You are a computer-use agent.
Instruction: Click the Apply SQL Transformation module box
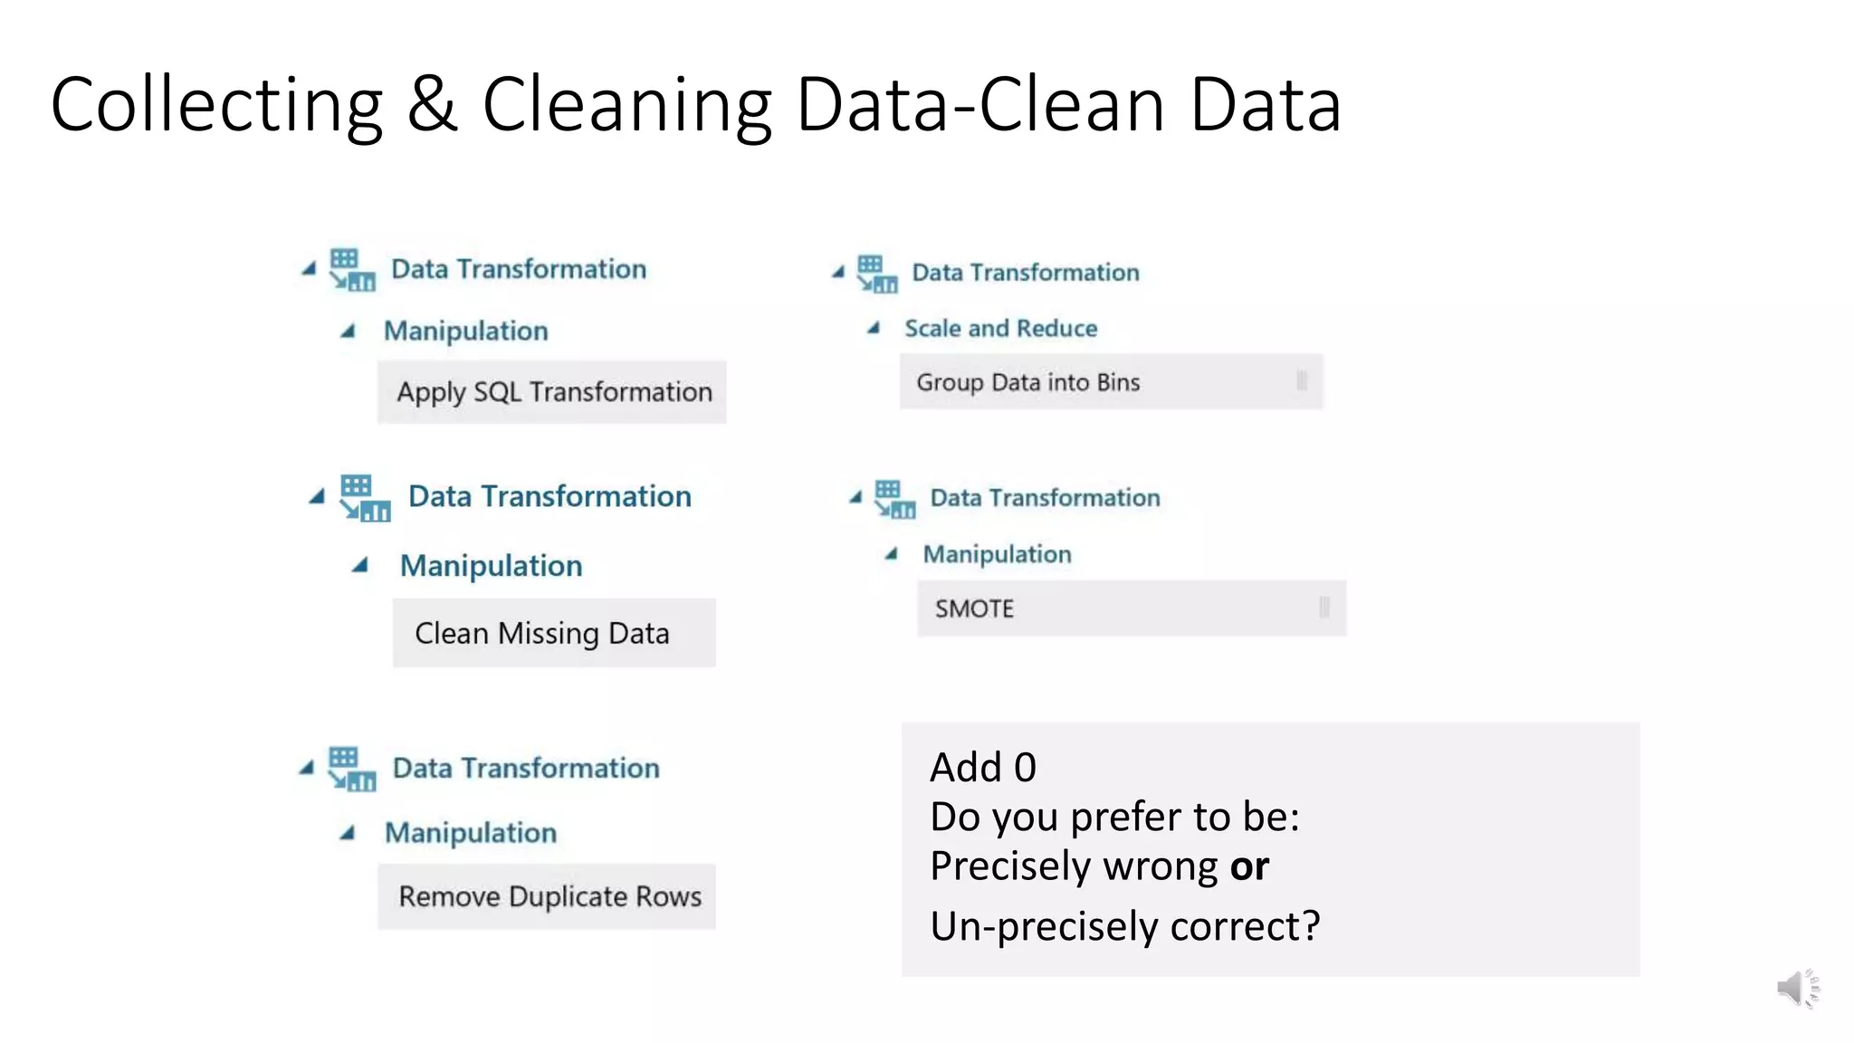pos(552,392)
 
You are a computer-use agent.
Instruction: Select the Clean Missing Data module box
pos(553,633)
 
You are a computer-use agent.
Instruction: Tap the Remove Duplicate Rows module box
pos(547,896)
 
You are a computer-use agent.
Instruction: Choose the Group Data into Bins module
pos(1110,382)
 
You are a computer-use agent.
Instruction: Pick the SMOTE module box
pos(1130,608)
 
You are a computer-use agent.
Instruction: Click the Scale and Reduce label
pos(1000,329)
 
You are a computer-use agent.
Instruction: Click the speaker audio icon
pos(1796,988)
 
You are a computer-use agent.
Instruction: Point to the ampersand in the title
pos(432,104)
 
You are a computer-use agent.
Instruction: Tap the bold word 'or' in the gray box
pos(1249,866)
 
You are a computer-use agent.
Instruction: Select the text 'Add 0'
pos(982,768)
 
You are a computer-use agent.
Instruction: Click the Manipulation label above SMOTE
pos(997,554)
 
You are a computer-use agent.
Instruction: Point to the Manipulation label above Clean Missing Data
pos(491,566)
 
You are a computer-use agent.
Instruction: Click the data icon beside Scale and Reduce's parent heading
pos(876,273)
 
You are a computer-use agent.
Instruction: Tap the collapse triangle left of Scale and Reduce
pos(874,328)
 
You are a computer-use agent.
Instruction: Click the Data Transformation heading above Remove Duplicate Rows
pos(526,769)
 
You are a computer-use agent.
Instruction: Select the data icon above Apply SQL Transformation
pos(351,270)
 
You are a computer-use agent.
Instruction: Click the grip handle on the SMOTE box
pos(1324,607)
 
